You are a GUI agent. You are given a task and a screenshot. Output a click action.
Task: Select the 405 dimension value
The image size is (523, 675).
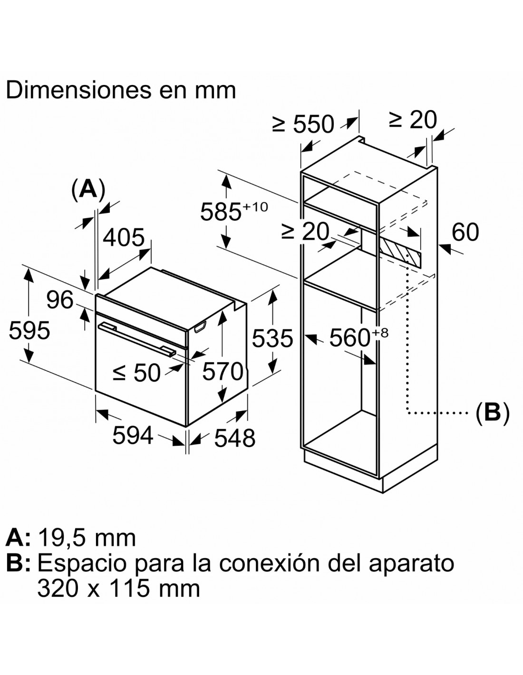click(x=124, y=238)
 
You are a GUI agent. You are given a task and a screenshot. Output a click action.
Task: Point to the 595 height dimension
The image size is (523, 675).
click(x=29, y=330)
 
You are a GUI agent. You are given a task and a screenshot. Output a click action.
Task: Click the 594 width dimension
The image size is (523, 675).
click(x=133, y=435)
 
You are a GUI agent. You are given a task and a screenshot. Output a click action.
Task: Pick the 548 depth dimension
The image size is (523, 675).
click(x=235, y=438)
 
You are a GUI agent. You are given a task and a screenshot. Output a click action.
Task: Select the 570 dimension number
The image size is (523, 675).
click(x=223, y=372)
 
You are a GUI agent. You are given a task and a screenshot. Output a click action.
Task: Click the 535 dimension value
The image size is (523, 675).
click(x=272, y=338)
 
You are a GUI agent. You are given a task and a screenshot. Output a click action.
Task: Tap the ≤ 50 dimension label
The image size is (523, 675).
click(x=137, y=373)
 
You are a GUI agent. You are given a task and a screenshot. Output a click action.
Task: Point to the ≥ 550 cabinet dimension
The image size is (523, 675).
click(x=303, y=124)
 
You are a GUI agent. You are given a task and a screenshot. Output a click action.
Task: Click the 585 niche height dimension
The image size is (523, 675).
click(x=234, y=212)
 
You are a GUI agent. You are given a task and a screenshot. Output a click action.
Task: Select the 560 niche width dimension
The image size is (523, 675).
click(x=359, y=337)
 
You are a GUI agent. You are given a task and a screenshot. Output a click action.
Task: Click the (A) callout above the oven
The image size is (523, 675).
click(x=88, y=190)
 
